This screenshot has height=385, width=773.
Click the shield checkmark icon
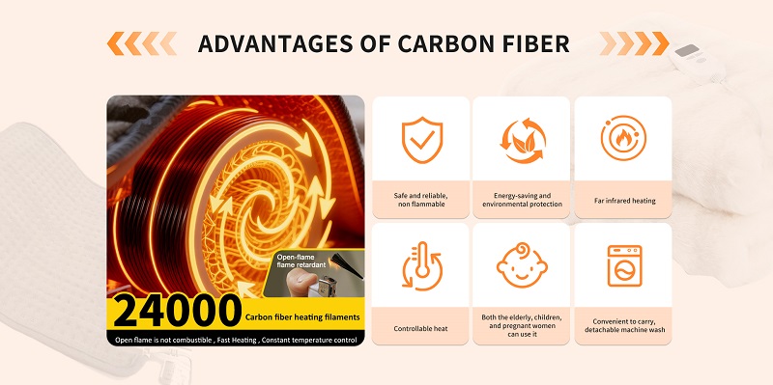click(x=420, y=140)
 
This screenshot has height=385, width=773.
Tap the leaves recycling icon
click(x=523, y=140)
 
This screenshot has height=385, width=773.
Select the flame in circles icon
click(x=623, y=140)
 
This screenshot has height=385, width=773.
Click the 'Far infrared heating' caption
click(x=624, y=201)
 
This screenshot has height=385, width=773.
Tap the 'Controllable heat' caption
click(x=420, y=328)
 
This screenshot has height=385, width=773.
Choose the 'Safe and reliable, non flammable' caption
click(x=420, y=200)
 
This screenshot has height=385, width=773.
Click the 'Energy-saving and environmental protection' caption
click(x=523, y=200)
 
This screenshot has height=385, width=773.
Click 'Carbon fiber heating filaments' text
click(x=303, y=316)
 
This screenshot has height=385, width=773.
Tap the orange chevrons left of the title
click(x=141, y=43)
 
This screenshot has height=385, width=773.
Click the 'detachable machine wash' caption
click(x=623, y=332)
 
